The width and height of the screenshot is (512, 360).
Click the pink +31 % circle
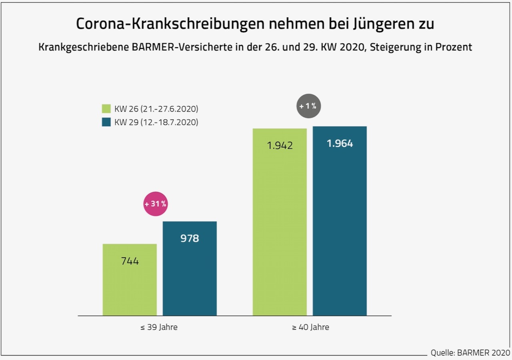(x=156, y=204)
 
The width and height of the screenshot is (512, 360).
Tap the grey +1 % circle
(x=309, y=106)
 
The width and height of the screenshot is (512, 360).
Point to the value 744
(x=130, y=261)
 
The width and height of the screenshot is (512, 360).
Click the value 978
(x=190, y=238)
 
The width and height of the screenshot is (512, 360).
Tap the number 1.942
(x=280, y=145)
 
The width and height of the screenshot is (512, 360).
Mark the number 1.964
(x=340, y=143)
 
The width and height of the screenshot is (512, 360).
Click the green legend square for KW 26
(x=106, y=109)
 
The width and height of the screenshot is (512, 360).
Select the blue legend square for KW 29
(x=106, y=122)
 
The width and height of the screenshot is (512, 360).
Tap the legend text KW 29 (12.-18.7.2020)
(x=156, y=122)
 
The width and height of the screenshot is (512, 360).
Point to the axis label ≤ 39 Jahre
(x=159, y=327)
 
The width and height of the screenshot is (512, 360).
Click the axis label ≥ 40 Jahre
(x=310, y=327)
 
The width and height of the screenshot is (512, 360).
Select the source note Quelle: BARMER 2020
(x=470, y=353)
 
